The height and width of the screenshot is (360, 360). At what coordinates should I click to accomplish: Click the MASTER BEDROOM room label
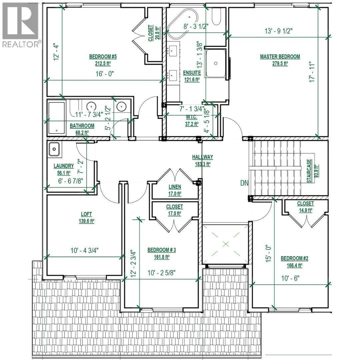click(x=280, y=57)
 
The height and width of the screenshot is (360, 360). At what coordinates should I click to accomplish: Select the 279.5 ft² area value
click(x=280, y=64)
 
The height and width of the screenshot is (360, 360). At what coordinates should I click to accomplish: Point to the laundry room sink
click(x=54, y=150)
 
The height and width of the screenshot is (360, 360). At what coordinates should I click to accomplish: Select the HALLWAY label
click(x=202, y=157)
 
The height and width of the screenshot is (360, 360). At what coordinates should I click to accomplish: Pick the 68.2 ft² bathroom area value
click(x=82, y=132)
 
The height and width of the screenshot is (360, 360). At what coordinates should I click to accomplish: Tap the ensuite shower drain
click(x=216, y=62)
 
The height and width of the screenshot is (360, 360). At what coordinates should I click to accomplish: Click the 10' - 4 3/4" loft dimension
click(x=84, y=250)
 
